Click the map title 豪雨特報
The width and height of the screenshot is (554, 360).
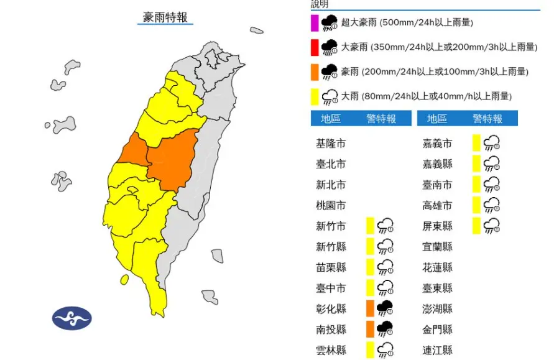point(165,17)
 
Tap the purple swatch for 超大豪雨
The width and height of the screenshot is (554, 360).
point(315,23)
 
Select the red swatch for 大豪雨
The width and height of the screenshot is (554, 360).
point(315,47)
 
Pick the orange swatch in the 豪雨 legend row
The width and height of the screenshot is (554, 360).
point(315,72)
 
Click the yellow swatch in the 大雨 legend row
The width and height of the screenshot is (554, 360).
point(315,96)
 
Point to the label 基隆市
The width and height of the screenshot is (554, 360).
point(331,144)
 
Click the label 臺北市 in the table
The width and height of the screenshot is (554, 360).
point(331,164)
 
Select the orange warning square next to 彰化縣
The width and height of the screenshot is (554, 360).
point(369,308)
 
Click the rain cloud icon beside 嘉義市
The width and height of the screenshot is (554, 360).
point(492,144)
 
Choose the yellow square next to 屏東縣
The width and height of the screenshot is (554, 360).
point(476,226)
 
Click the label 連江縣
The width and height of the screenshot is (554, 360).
point(438,349)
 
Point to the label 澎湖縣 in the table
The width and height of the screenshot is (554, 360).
point(438,308)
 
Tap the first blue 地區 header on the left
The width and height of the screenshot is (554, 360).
point(331,119)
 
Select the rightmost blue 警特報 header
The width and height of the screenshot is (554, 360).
point(487,119)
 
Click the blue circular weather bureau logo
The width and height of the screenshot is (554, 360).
point(72,318)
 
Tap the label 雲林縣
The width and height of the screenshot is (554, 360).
point(331,349)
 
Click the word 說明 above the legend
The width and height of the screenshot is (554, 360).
point(320,4)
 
